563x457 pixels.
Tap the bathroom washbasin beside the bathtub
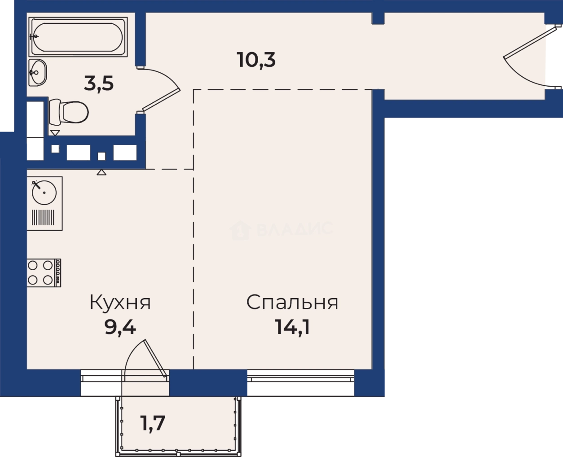37,71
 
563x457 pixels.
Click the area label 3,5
99,84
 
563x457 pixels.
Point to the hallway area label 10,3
256,59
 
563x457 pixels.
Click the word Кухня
120,303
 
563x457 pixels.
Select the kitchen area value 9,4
120,328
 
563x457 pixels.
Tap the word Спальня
292,303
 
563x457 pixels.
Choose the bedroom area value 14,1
292,328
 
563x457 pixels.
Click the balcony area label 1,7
151,423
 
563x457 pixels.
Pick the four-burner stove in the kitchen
44,272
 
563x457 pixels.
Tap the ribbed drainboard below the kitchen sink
44,218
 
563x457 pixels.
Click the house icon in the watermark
240,230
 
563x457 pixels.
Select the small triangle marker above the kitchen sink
101,172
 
